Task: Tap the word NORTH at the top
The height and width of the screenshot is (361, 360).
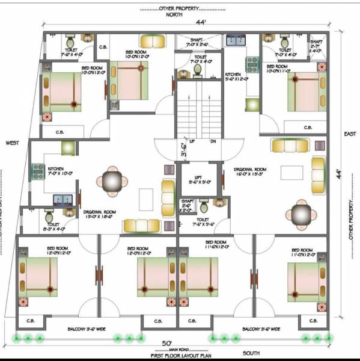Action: point(174,15)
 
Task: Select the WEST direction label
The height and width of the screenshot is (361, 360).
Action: point(12,143)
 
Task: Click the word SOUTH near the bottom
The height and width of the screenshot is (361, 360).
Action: point(251,353)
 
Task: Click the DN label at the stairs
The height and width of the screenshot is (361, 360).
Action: point(213,141)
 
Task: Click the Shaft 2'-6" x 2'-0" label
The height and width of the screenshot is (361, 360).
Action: point(187,206)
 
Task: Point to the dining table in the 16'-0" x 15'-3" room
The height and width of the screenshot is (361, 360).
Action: point(300,212)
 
